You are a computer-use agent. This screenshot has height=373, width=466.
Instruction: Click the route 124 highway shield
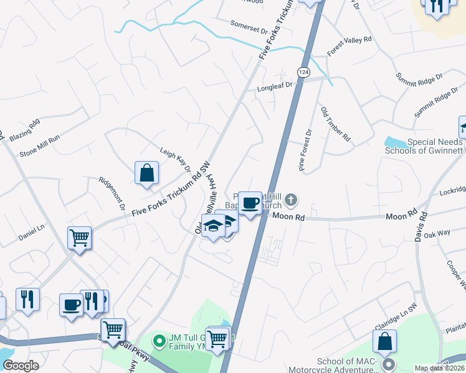pyautogui.click(x=303, y=72)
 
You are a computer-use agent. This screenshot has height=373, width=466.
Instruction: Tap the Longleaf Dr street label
pyautogui.click(x=275, y=89)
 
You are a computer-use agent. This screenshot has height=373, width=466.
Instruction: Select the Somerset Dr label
pyautogui.click(x=248, y=30)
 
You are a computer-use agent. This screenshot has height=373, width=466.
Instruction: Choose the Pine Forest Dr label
pyautogui.click(x=305, y=150)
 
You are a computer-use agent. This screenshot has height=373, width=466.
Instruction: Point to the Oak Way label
pyautogui.click(x=437, y=234)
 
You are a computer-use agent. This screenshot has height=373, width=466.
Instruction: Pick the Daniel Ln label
pyautogui.click(x=31, y=232)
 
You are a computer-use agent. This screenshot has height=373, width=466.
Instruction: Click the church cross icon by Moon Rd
pyautogui.click(x=292, y=200)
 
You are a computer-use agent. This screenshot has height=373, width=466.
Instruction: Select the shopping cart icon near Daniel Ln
pyautogui.click(x=79, y=237)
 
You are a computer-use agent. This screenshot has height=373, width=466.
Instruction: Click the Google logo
pyautogui.click(x=21, y=366)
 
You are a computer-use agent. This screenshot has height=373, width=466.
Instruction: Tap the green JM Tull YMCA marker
pyautogui.click(x=159, y=340)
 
